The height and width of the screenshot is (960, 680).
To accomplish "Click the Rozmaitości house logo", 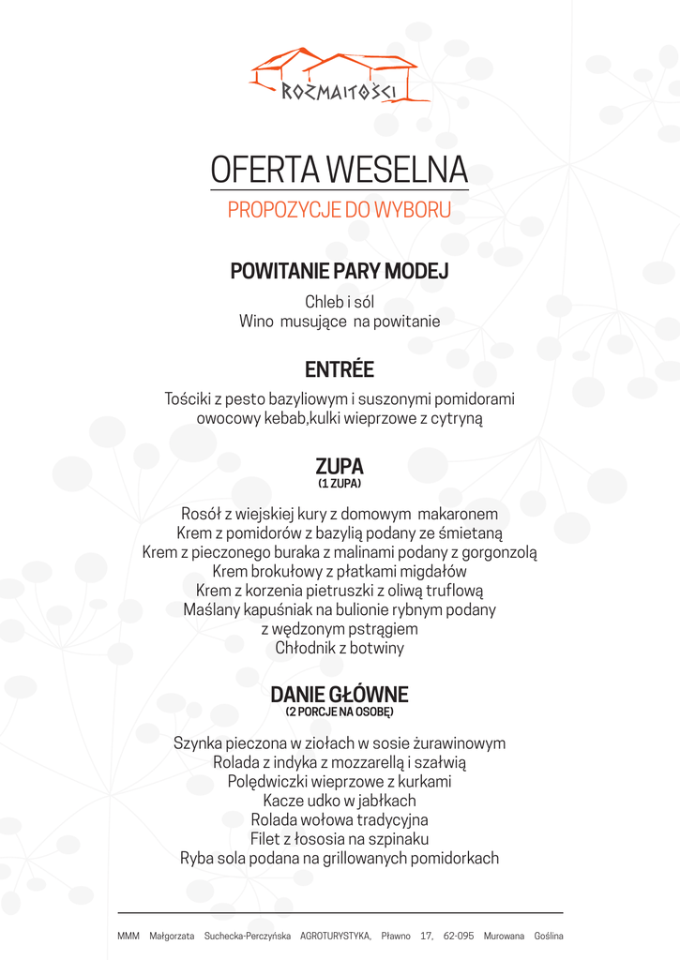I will pos(340,75).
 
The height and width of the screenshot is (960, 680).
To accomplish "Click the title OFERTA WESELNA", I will pos(340,169).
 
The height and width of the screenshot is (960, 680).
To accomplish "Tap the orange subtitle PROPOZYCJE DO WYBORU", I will pos(340,210).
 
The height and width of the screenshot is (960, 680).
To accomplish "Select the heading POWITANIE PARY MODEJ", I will pos(340,272).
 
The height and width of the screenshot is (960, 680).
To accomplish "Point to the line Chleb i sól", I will pos(340,302).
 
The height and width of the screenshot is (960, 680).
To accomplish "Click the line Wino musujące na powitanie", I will pos(340,322).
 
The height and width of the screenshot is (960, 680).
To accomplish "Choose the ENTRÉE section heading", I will pos(340,368).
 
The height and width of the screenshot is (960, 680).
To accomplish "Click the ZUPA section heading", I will pos(340,466).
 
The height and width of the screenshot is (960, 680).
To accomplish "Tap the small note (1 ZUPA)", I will pos(340,484).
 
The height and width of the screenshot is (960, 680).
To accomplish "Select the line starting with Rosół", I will pos(340,514).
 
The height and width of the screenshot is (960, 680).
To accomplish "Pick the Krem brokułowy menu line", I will pos(340,571).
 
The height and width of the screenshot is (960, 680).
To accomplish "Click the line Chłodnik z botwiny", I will pos(340,648).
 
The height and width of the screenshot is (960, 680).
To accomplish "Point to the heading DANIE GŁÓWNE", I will pos(340,695).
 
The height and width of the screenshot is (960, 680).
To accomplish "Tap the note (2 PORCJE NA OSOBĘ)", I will pos(340,712).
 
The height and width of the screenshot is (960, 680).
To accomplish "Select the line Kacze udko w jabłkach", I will pos(340,801).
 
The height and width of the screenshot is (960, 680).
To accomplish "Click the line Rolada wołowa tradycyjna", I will pos(340,819).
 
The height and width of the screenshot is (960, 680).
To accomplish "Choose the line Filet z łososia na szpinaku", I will pos(340,839).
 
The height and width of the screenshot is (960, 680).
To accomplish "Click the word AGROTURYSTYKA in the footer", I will pos(335,936).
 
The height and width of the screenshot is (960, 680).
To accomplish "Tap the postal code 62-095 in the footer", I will pos(459,936).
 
